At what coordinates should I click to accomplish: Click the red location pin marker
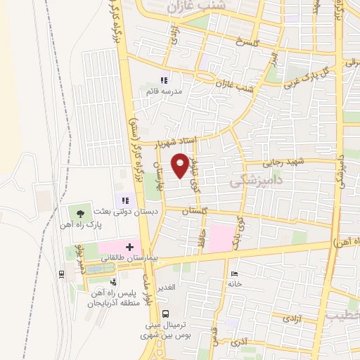click(181, 165)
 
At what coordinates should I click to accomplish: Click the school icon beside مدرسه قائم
click(164, 80)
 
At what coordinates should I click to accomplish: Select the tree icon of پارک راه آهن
click(82, 213)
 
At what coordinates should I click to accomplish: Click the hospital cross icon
click(129, 247)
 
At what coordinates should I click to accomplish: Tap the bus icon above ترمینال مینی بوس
click(165, 314)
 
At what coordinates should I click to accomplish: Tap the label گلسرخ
click(247, 43)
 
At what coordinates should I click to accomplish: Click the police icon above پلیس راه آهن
click(114, 281)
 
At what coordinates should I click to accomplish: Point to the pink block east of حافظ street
click(221, 238)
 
